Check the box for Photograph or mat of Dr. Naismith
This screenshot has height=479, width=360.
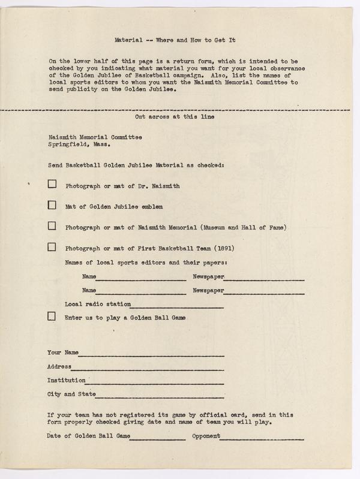click(52, 185)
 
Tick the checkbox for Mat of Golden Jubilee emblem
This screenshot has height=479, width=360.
click(52, 205)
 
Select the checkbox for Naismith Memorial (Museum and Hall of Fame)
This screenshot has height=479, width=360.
click(52, 226)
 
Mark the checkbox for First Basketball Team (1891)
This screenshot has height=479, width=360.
click(52, 246)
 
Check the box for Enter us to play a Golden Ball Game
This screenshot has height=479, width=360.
click(52, 317)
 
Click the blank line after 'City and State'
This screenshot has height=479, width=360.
click(160, 397)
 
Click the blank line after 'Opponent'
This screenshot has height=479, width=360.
click(262, 438)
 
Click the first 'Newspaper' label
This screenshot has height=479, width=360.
click(208, 276)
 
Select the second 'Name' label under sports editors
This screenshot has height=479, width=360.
click(89, 290)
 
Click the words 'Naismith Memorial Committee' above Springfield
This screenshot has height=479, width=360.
click(94, 137)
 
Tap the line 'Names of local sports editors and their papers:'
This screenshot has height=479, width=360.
click(146, 263)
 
